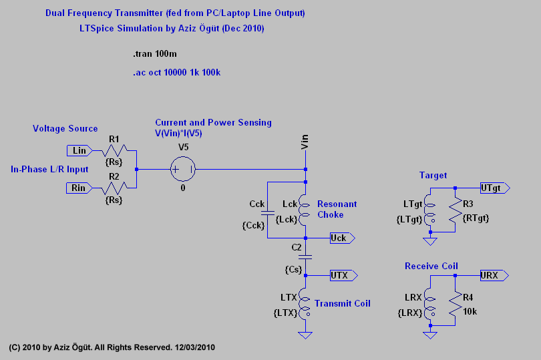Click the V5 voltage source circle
click(x=182, y=169)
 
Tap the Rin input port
click(x=79, y=188)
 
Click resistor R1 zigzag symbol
click(x=114, y=151)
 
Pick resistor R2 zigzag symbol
click(x=114, y=188)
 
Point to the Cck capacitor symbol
click(x=266, y=213)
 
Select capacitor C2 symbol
click(x=305, y=256)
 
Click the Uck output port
click(x=343, y=237)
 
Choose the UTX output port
click(x=343, y=275)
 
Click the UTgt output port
click(x=494, y=189)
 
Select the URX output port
click(x=494, y=275)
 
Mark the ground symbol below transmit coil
click(x=305, y=334)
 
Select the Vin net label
click(x=305, y=142)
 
